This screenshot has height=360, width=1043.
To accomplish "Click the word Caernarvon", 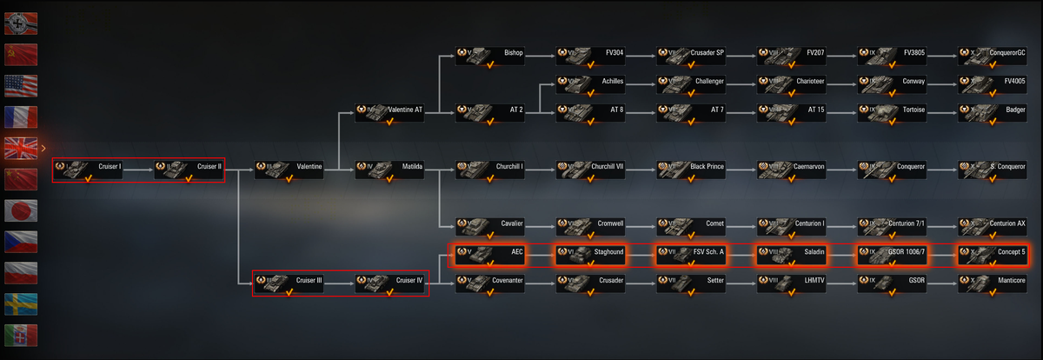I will tap(809, 166).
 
